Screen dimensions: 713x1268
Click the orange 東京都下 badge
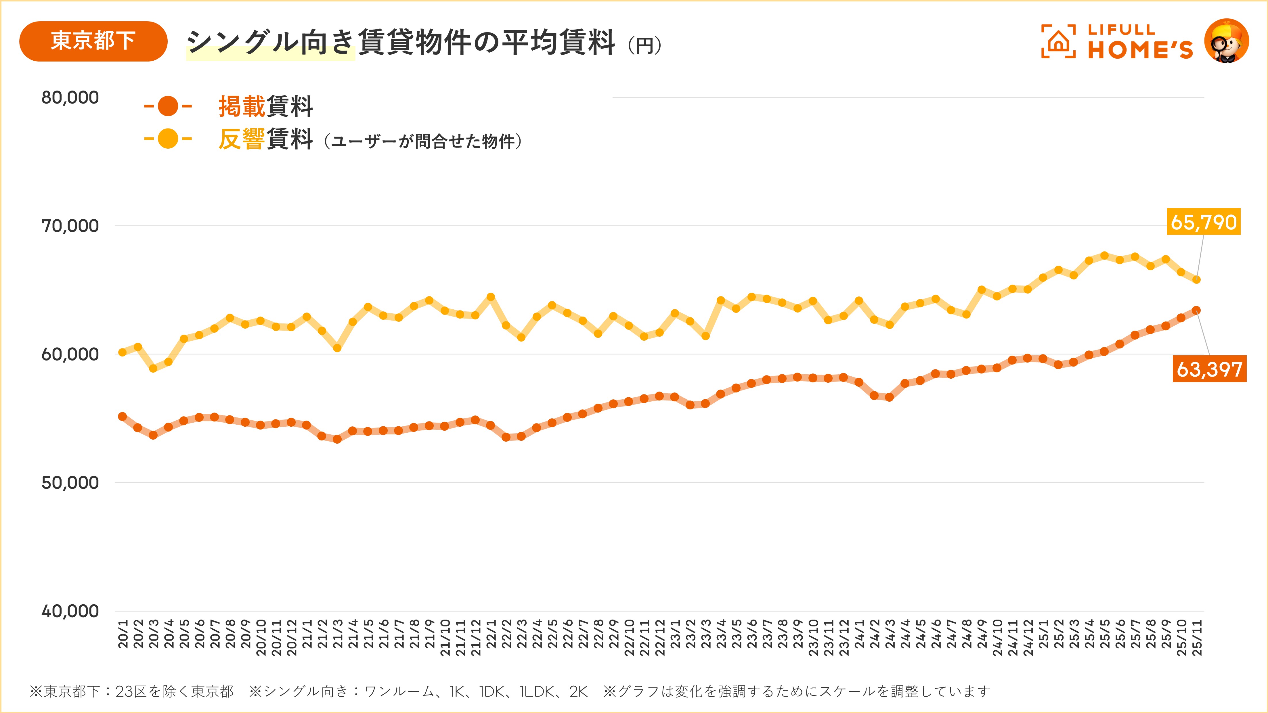click(93, 41)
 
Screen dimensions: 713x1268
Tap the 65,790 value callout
click(1204, 222)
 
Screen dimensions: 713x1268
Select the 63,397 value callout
click(1209, 369)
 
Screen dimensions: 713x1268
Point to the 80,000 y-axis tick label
click(70, 97)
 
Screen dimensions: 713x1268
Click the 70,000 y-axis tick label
click(70, 226)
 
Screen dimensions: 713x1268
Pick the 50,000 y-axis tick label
click(70, 483)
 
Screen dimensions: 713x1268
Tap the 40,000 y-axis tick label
click(70, 611)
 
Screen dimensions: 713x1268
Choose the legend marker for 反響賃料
click(168, 139)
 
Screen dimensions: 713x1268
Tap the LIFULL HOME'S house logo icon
click(1058, 41)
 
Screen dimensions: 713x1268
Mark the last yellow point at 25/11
click(1196, 279)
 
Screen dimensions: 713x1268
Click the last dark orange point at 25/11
click(1196, 310)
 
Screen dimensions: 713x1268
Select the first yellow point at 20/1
click(123, 352)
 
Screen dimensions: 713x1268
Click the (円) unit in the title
click(644, 46)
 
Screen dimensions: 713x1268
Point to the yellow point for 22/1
click(491, 297)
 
